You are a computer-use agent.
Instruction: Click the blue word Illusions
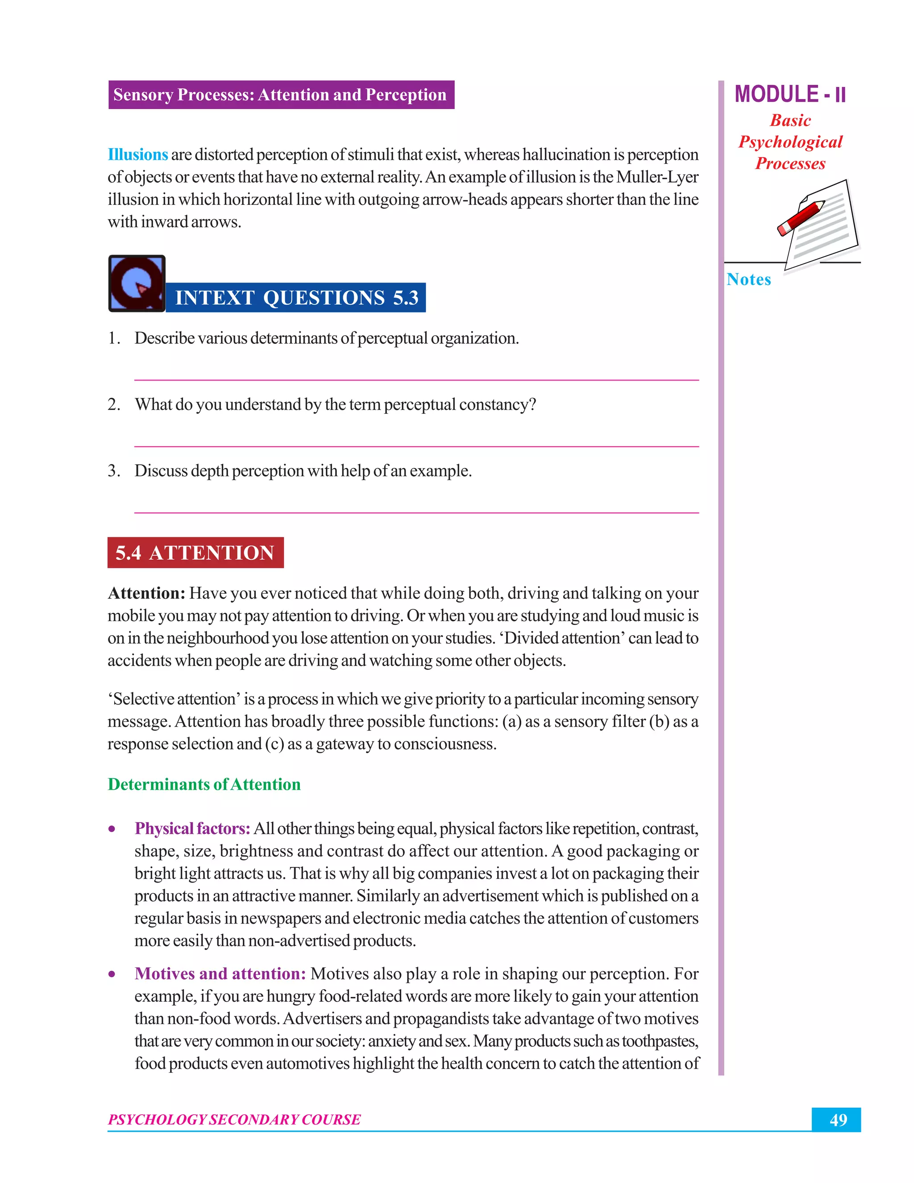tap(137, 154)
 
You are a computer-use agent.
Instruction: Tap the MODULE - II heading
tap(789, 94)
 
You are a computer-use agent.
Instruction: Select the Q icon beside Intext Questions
tap(137, 283)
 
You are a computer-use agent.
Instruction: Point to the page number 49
tap(837, 1119)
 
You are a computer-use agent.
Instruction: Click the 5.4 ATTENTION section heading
tap(195, 553)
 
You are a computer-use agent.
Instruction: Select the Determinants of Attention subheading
tap(204, 784)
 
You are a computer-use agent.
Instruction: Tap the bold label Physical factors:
tap(192, 828)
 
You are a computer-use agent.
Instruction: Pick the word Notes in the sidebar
tap(748, 279)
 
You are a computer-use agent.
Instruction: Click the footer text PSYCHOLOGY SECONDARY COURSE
tap(234, 1119)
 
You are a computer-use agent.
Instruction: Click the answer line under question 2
tap(416, 446)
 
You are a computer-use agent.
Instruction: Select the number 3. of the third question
tap(113, 470)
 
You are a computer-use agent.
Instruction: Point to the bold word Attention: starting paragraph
tap(147, 593)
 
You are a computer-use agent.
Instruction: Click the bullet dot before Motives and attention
tap(112, 974)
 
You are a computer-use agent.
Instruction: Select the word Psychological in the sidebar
tap(790, 142)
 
